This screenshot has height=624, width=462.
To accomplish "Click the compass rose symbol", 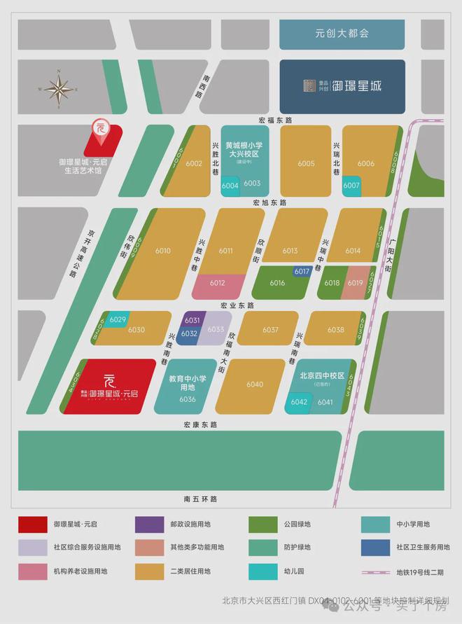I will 57,89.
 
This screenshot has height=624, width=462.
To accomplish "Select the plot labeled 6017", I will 302,271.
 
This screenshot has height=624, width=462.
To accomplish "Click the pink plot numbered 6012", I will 218,284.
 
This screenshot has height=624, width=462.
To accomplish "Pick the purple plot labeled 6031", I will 192,320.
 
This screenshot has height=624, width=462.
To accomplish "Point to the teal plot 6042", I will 299,402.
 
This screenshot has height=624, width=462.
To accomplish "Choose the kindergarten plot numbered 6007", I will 351,186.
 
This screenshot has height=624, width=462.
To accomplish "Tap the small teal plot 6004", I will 230,186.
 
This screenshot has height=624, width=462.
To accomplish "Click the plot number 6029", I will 118,319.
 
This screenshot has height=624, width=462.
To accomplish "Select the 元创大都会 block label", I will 342,33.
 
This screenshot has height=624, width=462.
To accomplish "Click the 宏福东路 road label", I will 274,120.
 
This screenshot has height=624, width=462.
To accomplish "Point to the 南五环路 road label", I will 201,499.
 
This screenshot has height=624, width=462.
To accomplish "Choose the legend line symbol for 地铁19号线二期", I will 376,571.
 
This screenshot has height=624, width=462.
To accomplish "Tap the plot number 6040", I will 255,384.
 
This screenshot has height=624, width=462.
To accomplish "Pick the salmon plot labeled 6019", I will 355,283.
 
